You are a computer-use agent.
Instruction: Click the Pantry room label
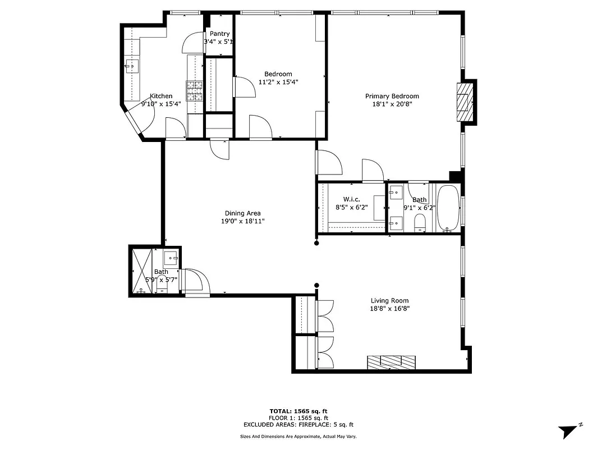219,34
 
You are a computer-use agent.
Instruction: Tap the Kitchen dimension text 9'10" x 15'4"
161,104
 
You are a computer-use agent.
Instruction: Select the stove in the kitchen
194,90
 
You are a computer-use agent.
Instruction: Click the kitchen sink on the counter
132,67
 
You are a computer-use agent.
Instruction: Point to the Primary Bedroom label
392,96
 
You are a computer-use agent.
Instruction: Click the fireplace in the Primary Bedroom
463,102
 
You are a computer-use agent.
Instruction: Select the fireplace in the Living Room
392,362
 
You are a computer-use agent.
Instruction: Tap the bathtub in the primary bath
447,208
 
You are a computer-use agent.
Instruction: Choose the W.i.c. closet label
351,199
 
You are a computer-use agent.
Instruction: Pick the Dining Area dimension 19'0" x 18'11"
242,221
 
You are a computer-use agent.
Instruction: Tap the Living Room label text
389,300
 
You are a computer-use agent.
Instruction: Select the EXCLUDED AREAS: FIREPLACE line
298,425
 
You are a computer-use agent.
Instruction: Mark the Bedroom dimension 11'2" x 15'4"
278,82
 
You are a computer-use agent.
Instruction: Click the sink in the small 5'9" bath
171,258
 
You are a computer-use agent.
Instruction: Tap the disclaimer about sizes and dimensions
298,436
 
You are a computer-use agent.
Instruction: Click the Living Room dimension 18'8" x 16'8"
389,308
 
